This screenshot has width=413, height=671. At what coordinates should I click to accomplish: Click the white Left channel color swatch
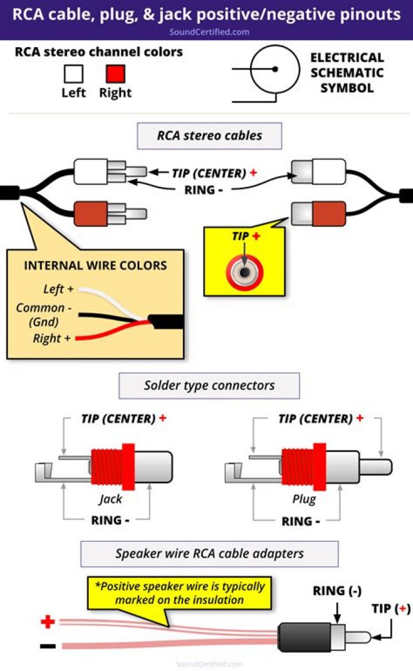pyautogui.click(x=73, y=74)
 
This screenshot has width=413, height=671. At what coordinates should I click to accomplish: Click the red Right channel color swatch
pyautogui.click(x=115, y=74)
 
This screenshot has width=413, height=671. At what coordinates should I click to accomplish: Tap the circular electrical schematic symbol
pyautogui.click(x=275, y=69)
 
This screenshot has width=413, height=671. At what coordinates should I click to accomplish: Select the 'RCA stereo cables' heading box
pyautogui.click(x=209, y=136)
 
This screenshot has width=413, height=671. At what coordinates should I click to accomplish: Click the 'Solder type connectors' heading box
pyautogui.click(x=209, y=385)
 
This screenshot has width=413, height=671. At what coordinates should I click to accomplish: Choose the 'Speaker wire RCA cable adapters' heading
pyautogui.click(x=209, y=554)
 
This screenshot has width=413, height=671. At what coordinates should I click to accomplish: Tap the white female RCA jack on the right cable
pyautogui.click(x=318, y=171)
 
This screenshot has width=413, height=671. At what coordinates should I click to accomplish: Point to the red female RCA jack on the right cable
pyautogui.click(x=318, y=213)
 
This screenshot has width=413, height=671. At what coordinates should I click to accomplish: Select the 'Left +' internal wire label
pyautogui.click(x=58, y=290)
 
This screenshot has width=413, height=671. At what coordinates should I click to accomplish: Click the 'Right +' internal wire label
pyautogui.click(x=52, y=338)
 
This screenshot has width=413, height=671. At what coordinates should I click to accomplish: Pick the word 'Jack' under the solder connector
pyautogui.click(x=110, y=499)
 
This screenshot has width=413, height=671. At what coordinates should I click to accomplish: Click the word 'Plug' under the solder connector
pyautogui.click(x=304, y=499)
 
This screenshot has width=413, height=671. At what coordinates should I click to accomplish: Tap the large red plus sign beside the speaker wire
pyautogui.click(x=48, y=622)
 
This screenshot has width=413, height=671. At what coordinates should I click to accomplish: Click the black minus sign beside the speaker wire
pyautogui.click(x=48, y=646)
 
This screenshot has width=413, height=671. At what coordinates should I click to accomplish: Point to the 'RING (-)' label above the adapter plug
pyautogui.click(x=337, y=591)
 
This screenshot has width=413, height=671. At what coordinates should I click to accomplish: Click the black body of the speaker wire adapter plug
pyautogui.click(x=303, y=637)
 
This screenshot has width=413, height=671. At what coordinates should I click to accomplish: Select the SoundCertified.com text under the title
pyautogui.click(x=209, y=32)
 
